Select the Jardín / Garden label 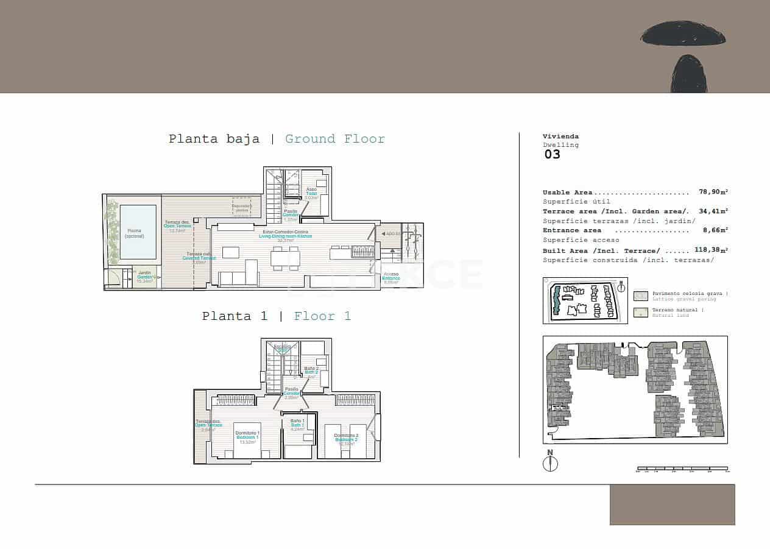tap(144, 275)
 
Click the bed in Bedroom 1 tap(247, 441)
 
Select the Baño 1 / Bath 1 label tap(297, 423)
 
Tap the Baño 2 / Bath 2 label tap(311, 370)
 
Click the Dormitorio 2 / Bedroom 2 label tap(345, 437)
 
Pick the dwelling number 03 tap(552, 154)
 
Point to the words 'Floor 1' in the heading tap(322, 316)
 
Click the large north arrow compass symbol tap(550, 464)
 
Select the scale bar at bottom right tap(682, 469)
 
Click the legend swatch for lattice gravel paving tap(640, 296)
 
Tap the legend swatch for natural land tap(640, 313)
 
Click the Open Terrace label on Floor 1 tap(208, 423)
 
